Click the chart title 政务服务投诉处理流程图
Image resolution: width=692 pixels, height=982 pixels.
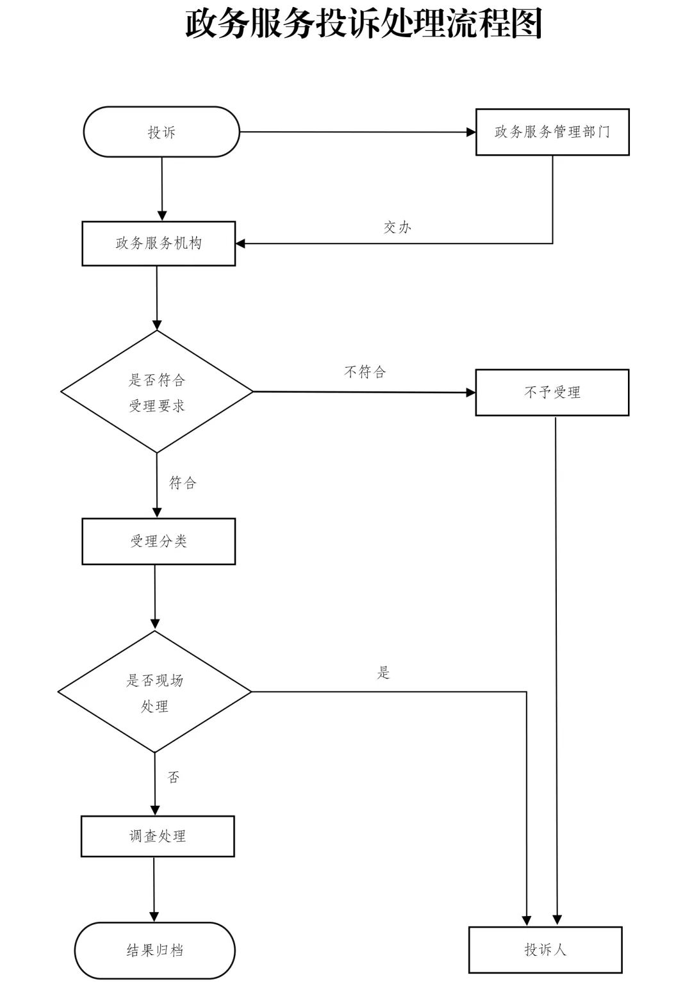[x=364, y=24]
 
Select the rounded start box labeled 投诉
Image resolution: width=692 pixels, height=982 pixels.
[x=161, y=132]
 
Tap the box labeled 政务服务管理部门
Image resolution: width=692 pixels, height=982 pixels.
[x=552, y=132]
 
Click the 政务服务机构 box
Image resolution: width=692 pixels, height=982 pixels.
[x=158, y=243]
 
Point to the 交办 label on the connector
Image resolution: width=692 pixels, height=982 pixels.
[x=397, y=227]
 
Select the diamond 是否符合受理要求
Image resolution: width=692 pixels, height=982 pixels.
[x=157, y=392]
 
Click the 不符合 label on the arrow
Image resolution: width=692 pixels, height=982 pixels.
[x=365, y=372]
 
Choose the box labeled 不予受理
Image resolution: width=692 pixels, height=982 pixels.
[x=552, y=393]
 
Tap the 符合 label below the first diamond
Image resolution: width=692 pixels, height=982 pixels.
[x=183, y=483]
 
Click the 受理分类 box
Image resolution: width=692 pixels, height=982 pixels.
[x=158, y=541]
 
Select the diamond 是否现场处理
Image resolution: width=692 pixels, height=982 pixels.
[x=154, y=692]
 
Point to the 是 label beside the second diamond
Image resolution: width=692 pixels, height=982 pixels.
[x=383, y=673]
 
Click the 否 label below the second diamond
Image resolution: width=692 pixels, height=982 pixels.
[x=174, y=778]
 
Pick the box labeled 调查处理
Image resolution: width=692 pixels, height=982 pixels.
[x=158, y=837]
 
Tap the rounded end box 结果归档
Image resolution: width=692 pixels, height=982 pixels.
[x=155, y=950]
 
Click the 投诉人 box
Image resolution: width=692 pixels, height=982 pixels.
[x=545, y=949]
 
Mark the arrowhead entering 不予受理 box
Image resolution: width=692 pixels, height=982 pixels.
[x=471, y=392]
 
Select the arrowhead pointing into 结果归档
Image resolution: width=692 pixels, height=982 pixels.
[x=154, y=917]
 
